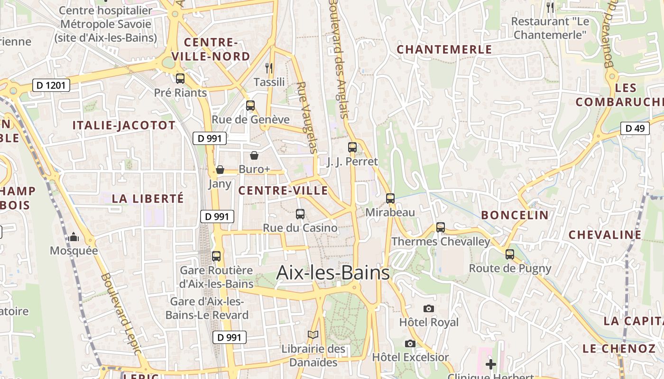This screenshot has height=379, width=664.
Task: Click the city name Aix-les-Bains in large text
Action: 333,273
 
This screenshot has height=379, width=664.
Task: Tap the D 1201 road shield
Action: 52,85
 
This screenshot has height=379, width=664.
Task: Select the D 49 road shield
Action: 635,128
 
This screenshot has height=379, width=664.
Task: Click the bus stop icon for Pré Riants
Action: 180,79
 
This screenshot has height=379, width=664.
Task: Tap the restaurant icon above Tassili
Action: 269,68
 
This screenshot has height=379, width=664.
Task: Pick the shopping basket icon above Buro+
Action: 254,155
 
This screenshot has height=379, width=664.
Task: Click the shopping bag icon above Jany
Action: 220,170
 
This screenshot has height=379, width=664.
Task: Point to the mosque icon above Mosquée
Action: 74,237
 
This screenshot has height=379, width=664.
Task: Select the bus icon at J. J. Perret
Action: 352,147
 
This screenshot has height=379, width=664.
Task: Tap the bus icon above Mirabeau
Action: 390,199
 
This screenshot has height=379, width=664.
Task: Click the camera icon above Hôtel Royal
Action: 429,309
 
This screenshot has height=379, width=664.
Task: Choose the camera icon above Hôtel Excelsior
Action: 410,343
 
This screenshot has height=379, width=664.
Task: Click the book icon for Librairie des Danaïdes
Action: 313,335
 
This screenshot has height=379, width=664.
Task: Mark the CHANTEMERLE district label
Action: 444,50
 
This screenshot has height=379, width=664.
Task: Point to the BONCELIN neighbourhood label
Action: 515,215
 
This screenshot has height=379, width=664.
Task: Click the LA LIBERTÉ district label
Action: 148,199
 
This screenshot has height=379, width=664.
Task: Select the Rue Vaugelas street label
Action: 306,117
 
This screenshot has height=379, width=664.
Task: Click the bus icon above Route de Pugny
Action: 510,254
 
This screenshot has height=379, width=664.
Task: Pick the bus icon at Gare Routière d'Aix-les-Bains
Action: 216,256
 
